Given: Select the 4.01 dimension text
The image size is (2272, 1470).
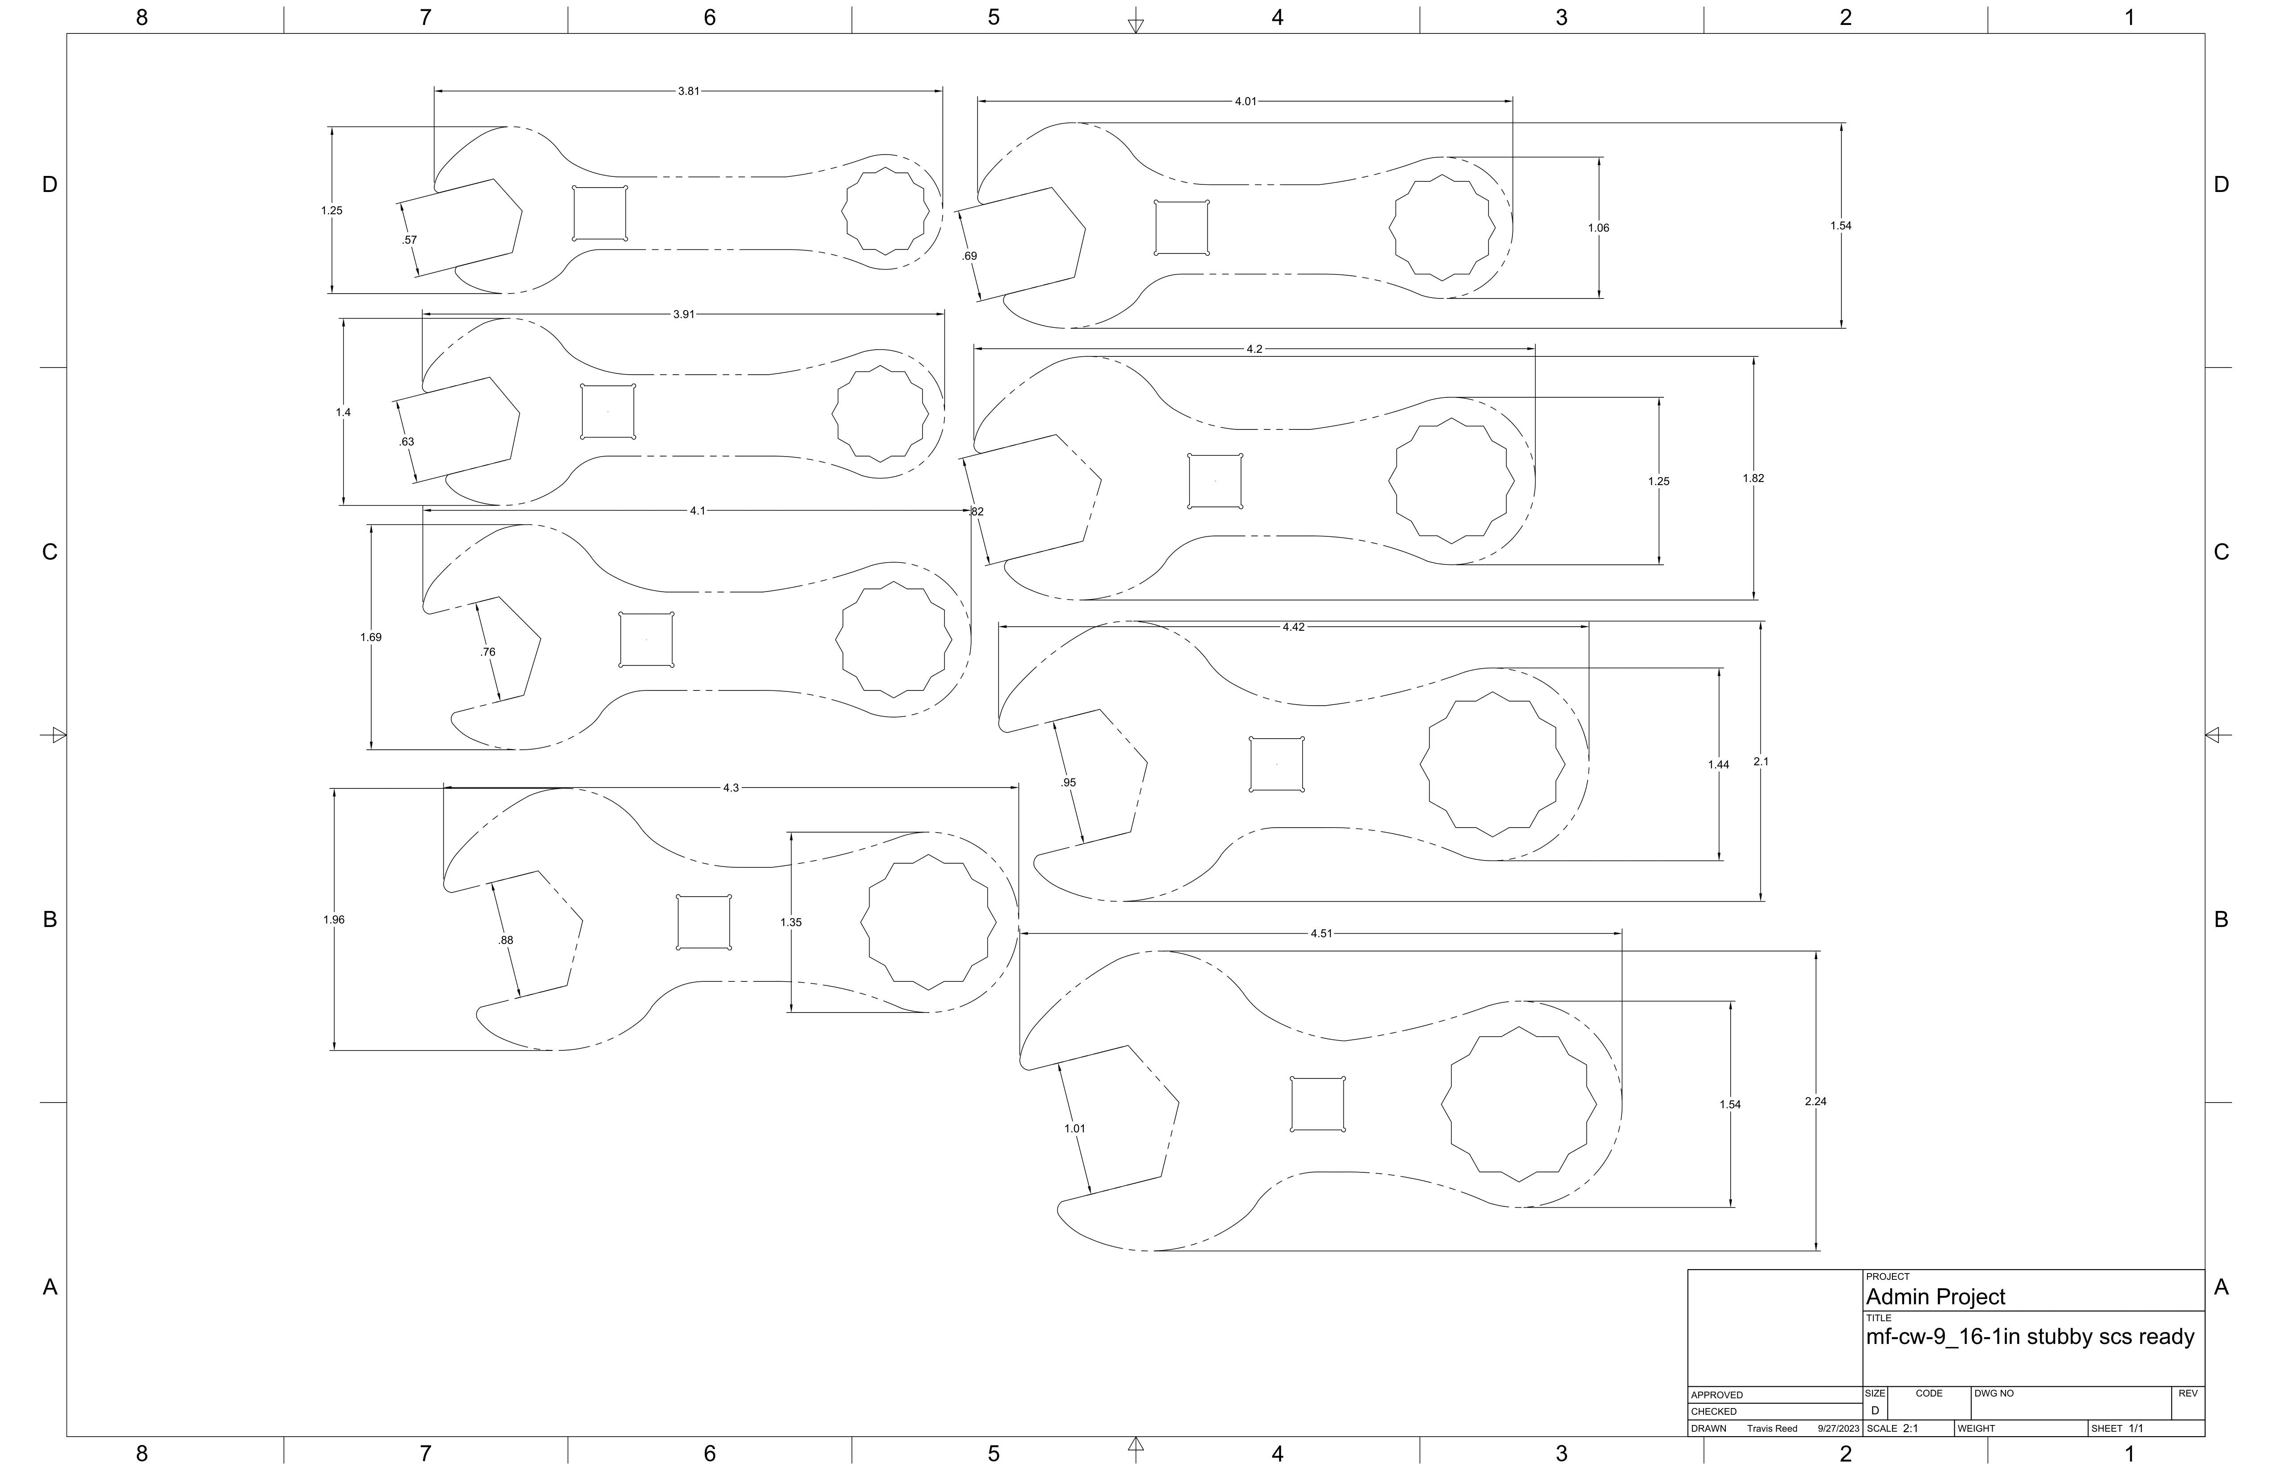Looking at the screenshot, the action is click(1246, 101).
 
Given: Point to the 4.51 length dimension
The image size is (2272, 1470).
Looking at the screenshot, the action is click(1321, 934).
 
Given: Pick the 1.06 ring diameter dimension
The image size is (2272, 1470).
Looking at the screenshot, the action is click(1598, 228).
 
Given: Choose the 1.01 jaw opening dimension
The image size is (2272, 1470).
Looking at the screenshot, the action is click(1075, 1128).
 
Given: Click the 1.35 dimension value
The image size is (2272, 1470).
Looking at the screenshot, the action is click(790, 922).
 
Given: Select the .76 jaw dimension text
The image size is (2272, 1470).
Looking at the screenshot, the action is click(488, 652).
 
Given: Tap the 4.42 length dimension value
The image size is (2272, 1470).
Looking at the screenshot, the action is click(1294, 627).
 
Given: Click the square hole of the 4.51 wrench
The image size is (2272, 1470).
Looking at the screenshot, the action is click(1317, 1104).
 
